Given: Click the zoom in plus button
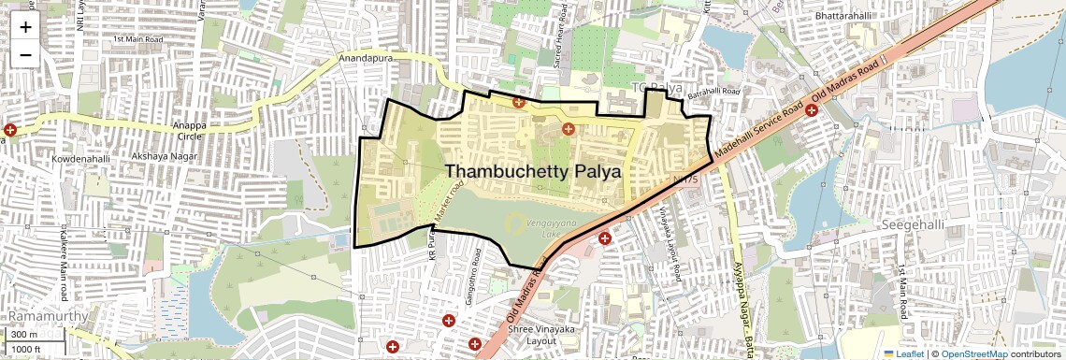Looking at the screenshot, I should point(25,26).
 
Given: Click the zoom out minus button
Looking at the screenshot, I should point(25,54).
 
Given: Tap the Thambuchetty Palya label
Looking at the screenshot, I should point(533,171).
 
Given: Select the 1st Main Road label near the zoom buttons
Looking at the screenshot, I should point(137,39).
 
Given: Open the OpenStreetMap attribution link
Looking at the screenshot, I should point(973,353).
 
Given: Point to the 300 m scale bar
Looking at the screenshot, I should point(24,335).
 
